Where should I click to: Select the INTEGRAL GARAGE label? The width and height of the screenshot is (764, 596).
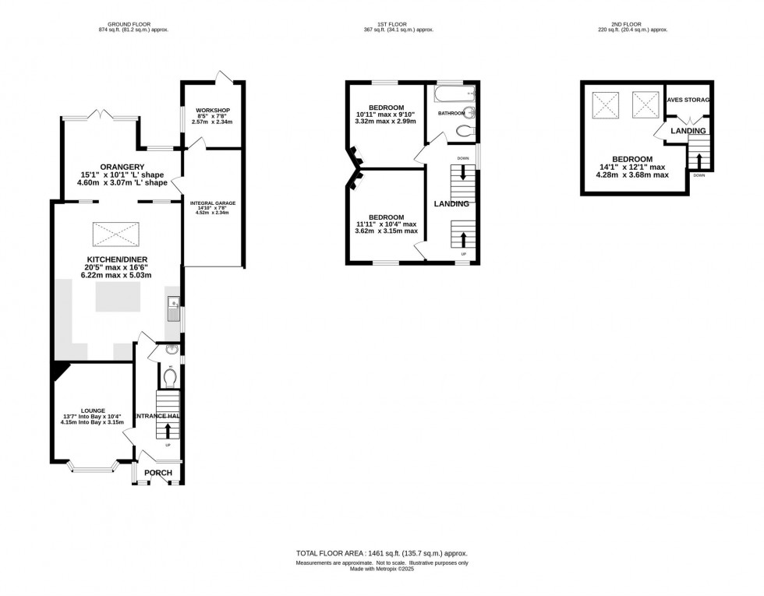click(x=212, y=203)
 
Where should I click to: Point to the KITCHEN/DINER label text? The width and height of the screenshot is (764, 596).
click(x=117, y=259)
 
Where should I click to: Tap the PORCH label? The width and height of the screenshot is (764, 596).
click(x=160, y=473)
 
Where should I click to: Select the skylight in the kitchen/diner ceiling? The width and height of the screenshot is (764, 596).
click(x=117, y=233)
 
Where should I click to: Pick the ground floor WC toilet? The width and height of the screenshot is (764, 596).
click(x=171, y=377)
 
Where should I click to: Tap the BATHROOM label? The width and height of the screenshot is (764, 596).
click(x=451, y=114)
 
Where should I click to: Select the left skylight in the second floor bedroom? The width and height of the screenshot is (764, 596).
click(x=607, y=103)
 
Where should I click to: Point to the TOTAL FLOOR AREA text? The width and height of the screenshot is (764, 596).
click(x=381, y=553)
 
